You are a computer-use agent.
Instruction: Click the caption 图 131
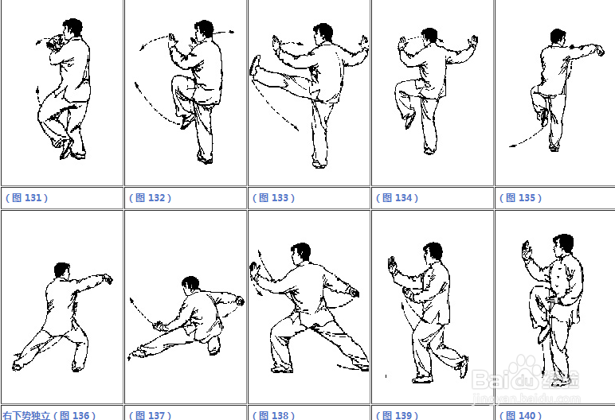26,198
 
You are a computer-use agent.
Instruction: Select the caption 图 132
151,198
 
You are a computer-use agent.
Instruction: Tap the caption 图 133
274,198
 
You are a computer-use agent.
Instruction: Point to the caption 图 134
398,198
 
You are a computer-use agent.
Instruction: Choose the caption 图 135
521,198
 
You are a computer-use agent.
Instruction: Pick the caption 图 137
151,415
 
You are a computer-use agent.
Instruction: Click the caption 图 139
398,415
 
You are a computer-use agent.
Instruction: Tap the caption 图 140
521,415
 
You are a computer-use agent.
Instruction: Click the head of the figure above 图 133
323,33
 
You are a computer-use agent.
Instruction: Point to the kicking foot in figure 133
256,65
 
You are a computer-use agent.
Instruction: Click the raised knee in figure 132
178,81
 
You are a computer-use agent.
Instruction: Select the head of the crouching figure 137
190,284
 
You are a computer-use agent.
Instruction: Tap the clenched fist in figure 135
599,51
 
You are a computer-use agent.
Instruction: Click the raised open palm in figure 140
527,250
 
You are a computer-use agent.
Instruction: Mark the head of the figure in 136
62,270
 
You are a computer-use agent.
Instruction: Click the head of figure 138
301,253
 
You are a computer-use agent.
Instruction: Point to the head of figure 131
72,27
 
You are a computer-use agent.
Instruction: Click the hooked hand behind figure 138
354,293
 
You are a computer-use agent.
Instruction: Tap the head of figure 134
429,36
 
